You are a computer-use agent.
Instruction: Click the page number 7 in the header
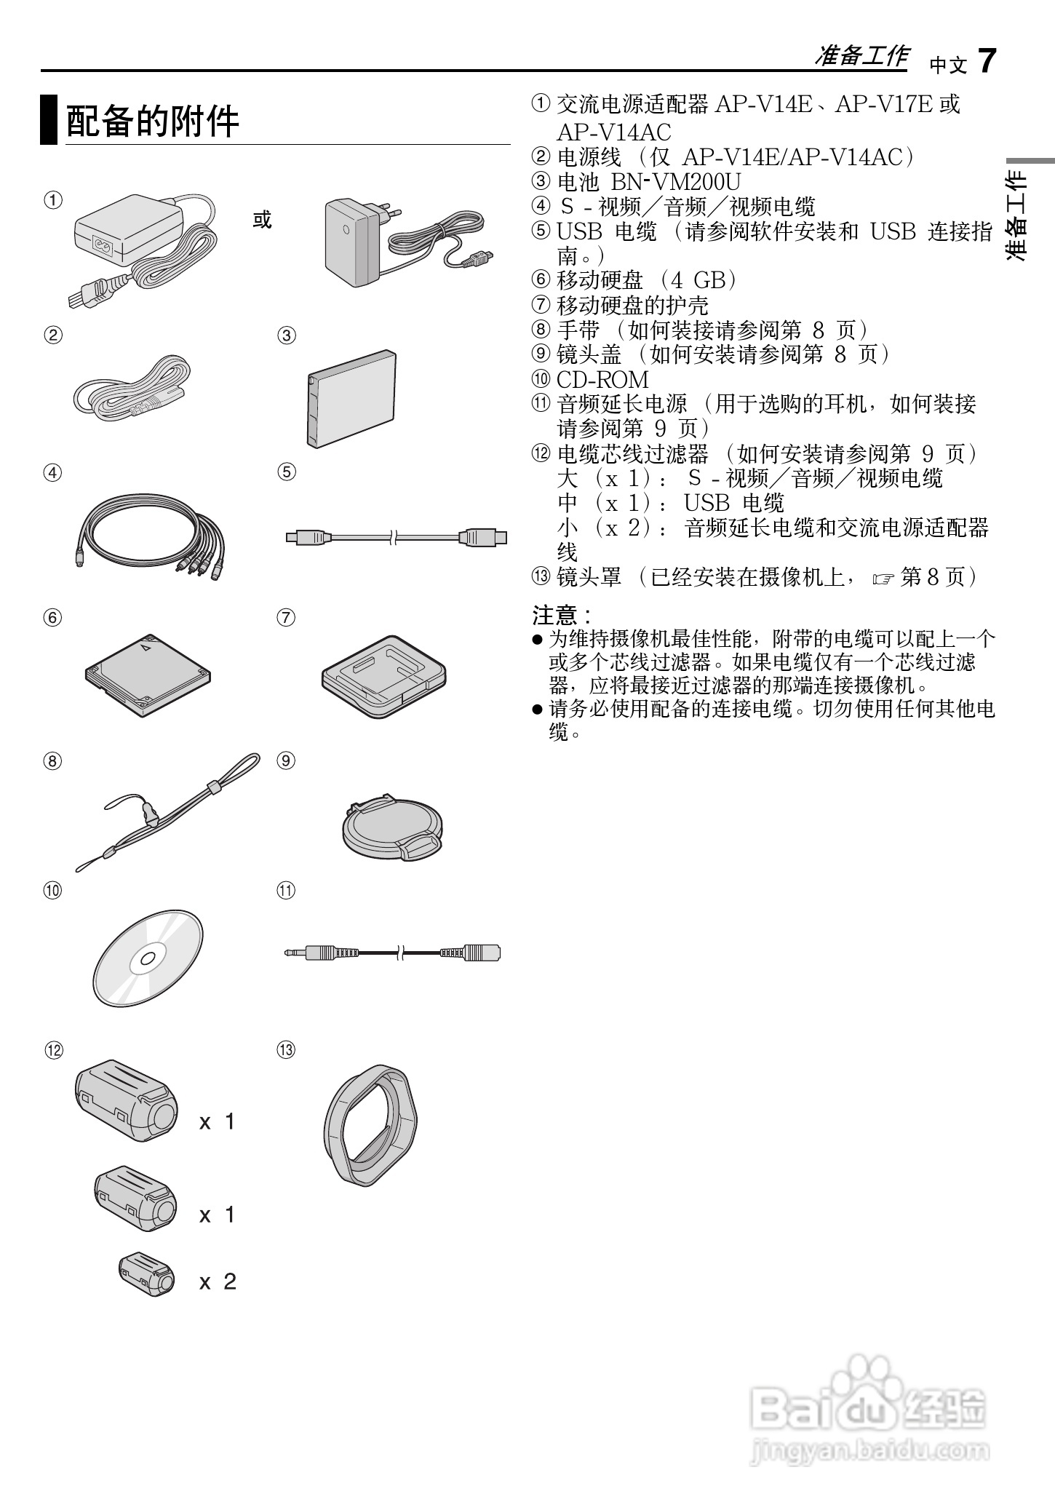coord(986,61)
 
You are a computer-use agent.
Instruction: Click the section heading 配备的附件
coord(153,121)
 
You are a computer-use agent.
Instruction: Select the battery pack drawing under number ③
coord(351,398)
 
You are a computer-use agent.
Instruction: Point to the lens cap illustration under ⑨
coord(393,830)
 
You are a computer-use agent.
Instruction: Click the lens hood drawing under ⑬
coord(370,1124)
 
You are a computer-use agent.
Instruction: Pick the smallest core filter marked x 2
coord(147,1273)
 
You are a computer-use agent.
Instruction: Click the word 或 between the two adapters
coord(262,219)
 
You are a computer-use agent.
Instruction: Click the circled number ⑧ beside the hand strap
coord(52,760)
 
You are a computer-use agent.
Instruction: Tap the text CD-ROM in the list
coord(602,380)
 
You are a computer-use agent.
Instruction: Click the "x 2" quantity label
coord(218,1281)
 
